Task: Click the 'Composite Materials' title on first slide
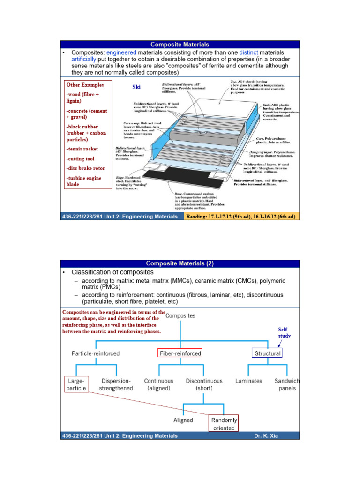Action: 180,45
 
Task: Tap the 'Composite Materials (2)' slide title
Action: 180,263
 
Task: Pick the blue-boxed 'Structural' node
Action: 268,353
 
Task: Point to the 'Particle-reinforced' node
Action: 96,353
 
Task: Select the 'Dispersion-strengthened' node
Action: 116,385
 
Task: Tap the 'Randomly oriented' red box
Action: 224,424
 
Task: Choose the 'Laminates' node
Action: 248,381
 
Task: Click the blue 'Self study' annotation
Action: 284,333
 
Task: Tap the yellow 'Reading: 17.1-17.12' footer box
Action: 242,217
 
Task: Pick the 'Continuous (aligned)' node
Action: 159,385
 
